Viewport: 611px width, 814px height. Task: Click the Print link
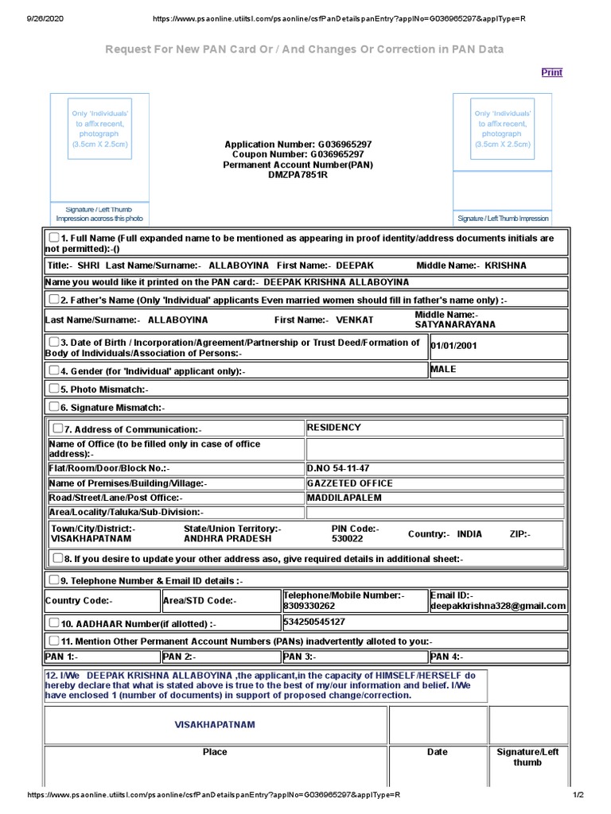click(x=551, y=72)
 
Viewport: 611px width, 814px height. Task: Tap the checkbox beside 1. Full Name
click(x=53, y=238)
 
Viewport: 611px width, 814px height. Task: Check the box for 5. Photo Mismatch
click(x=53, y=389)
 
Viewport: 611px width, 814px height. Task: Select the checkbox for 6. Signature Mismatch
click(x=53, y=406)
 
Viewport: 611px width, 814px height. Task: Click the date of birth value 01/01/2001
click(x=454, y=346)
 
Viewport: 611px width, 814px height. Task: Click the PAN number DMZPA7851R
click(x=298, y=174)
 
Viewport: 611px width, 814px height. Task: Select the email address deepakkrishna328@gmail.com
click(x=498, y=606)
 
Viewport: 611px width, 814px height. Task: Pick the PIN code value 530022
click(x=347, y=538)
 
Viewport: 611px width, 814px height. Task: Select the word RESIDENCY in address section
click(x=334, y=428)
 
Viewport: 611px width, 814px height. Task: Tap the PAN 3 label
click(x=299, y=657)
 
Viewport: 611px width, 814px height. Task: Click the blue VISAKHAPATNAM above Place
click(x=215, y=725)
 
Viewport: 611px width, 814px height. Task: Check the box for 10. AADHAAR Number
click(x=53, y=623)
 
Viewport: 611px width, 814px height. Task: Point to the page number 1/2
click(x=578, y=795)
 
